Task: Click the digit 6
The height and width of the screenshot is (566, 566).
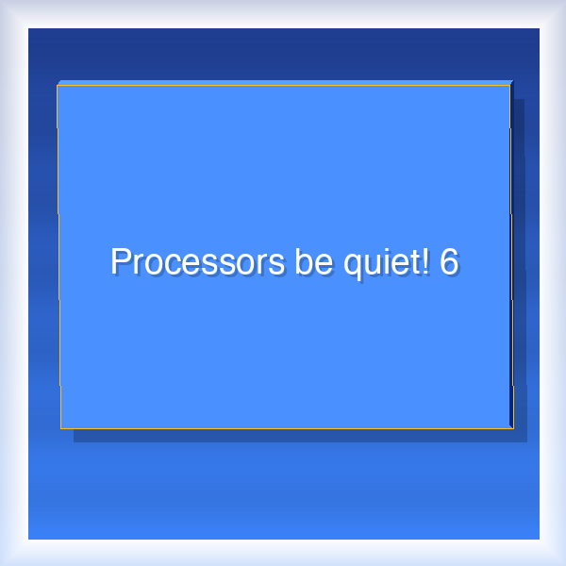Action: click(449, 261)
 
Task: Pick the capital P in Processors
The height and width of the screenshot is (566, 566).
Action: click(120, 261)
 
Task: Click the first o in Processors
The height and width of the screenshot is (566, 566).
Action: click(152, 264)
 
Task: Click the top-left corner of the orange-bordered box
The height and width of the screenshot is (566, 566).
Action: click(58, 86)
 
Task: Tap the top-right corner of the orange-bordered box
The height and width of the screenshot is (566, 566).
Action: click(509, 86)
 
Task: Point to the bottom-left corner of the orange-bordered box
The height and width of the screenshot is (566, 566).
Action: click(60, 428)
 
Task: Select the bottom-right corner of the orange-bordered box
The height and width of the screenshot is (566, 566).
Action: click(512, 428)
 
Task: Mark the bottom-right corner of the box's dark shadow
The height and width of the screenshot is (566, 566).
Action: click(525, 441)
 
